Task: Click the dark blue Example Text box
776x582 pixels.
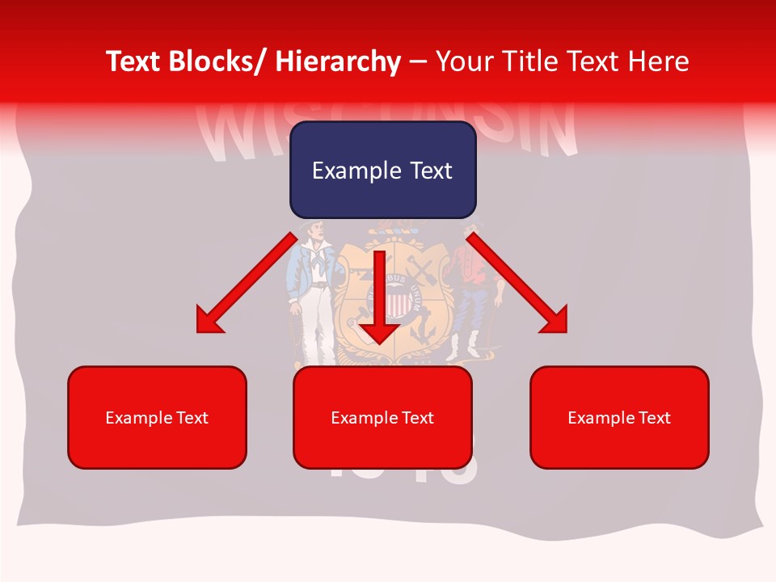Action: click(382, 170)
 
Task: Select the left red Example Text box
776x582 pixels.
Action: click(157, 417)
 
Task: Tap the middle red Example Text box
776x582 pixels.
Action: click(382, 417)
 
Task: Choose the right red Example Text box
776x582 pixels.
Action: click(619, 417)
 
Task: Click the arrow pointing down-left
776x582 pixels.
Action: click(247, 283)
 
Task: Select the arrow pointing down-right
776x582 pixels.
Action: click(517, 283)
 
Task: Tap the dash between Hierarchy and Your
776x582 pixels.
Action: click(418, 61)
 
